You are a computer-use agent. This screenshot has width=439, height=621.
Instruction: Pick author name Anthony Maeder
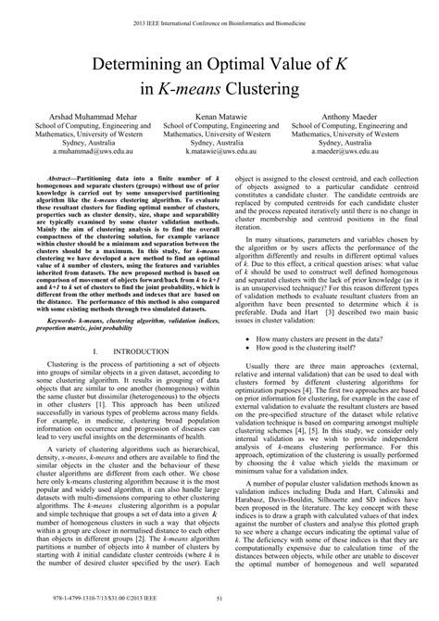tap(346, 117)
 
